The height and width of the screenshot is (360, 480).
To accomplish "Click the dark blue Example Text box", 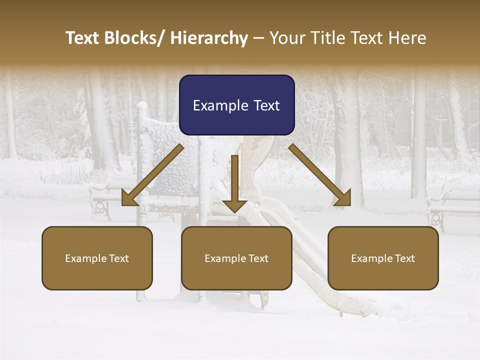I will (236, 105).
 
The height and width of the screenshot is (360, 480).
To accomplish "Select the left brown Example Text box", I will (97, 258).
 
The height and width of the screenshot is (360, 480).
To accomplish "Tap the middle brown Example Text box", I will (236, 258).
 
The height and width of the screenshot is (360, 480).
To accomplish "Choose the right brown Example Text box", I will (383, 258).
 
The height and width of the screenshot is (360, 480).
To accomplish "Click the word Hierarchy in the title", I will (209, 38).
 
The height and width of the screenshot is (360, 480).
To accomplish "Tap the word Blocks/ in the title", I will (135, 38).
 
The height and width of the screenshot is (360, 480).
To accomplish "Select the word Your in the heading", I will (287, 38).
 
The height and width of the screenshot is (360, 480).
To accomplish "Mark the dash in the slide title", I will (258, 38).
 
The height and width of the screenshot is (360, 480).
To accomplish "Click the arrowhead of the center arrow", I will (234, 205).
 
